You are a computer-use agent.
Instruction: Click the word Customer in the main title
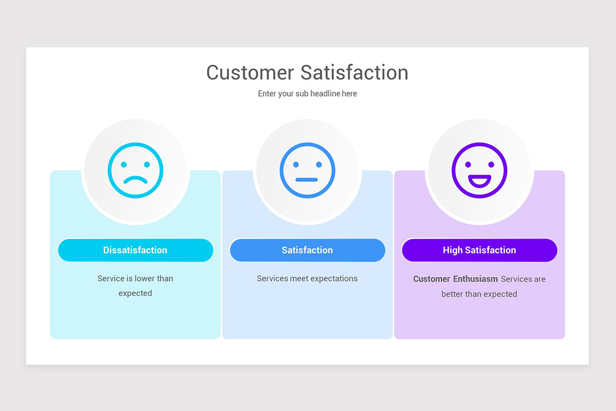(x=250, y=72)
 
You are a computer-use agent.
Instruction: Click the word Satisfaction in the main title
(x=354, y=72)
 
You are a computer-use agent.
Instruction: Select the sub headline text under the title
(x=307, y=94)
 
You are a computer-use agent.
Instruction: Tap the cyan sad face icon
(x=136, y=171)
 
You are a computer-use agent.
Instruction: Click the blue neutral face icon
(x=307, y=171)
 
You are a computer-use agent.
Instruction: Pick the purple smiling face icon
(x=479, y=171)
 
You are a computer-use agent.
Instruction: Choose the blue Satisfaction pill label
(x=307, y=250)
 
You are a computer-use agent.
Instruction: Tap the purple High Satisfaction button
(x=479, y=250)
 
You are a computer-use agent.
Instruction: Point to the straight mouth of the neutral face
(x=307, y=180)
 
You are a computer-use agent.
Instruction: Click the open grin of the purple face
(x=479, y=180)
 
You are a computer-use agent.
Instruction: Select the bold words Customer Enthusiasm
(x=455, y=279)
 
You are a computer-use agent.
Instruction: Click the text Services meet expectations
(x=307, y=278)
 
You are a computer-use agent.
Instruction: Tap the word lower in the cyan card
(x=145, y=278)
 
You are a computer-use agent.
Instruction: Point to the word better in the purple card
(x=452, y=294)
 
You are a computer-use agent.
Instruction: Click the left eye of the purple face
(x=468, y=164)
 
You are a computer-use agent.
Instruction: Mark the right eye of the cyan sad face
(x=147, y=164)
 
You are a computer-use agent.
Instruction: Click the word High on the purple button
(x=452, y=250)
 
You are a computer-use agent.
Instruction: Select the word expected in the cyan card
(x=135, y=293)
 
